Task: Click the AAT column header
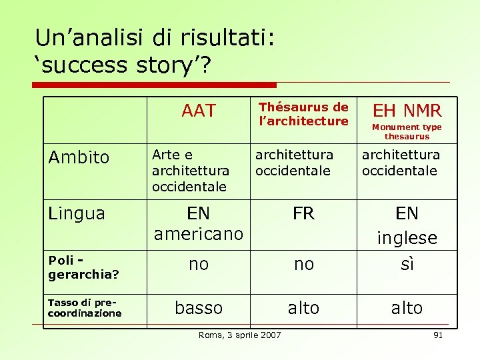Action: pyautogui.click(x=198, y=111)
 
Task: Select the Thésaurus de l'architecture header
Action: pyautogui.click(x=303, y=114)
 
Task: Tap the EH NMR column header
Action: pyautogui.click(x=407, y=110)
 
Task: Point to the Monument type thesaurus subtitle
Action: pyautogui.click(x=407, y=131)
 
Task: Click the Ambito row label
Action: pyautogui.click(x=79, y=157)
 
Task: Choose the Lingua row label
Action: pyautogui.click(x=77, y=213)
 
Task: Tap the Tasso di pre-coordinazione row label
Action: pyautogui.click(x=85, y=308)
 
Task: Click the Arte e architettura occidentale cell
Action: pyautogui.click(x=190, y=171)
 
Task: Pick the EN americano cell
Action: pyautogui.click(x=198, y=224)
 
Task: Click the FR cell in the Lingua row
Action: pyautogui.click(x=303, y=213)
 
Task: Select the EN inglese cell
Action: pyautogui.click(x=407, y=225)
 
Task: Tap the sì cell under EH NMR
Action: pyautogui.click(x=407, y=264)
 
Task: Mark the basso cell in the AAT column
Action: pyautogui.click(x=198, y=307)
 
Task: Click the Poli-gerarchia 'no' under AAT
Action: pyautogui.click(x=198, y=264)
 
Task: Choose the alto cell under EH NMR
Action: pyautogui.click(x=407, y=307)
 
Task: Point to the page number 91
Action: pyautogui.click(x=438, y=335)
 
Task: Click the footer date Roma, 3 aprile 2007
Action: pyautogui.click(x=239, y=335)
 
